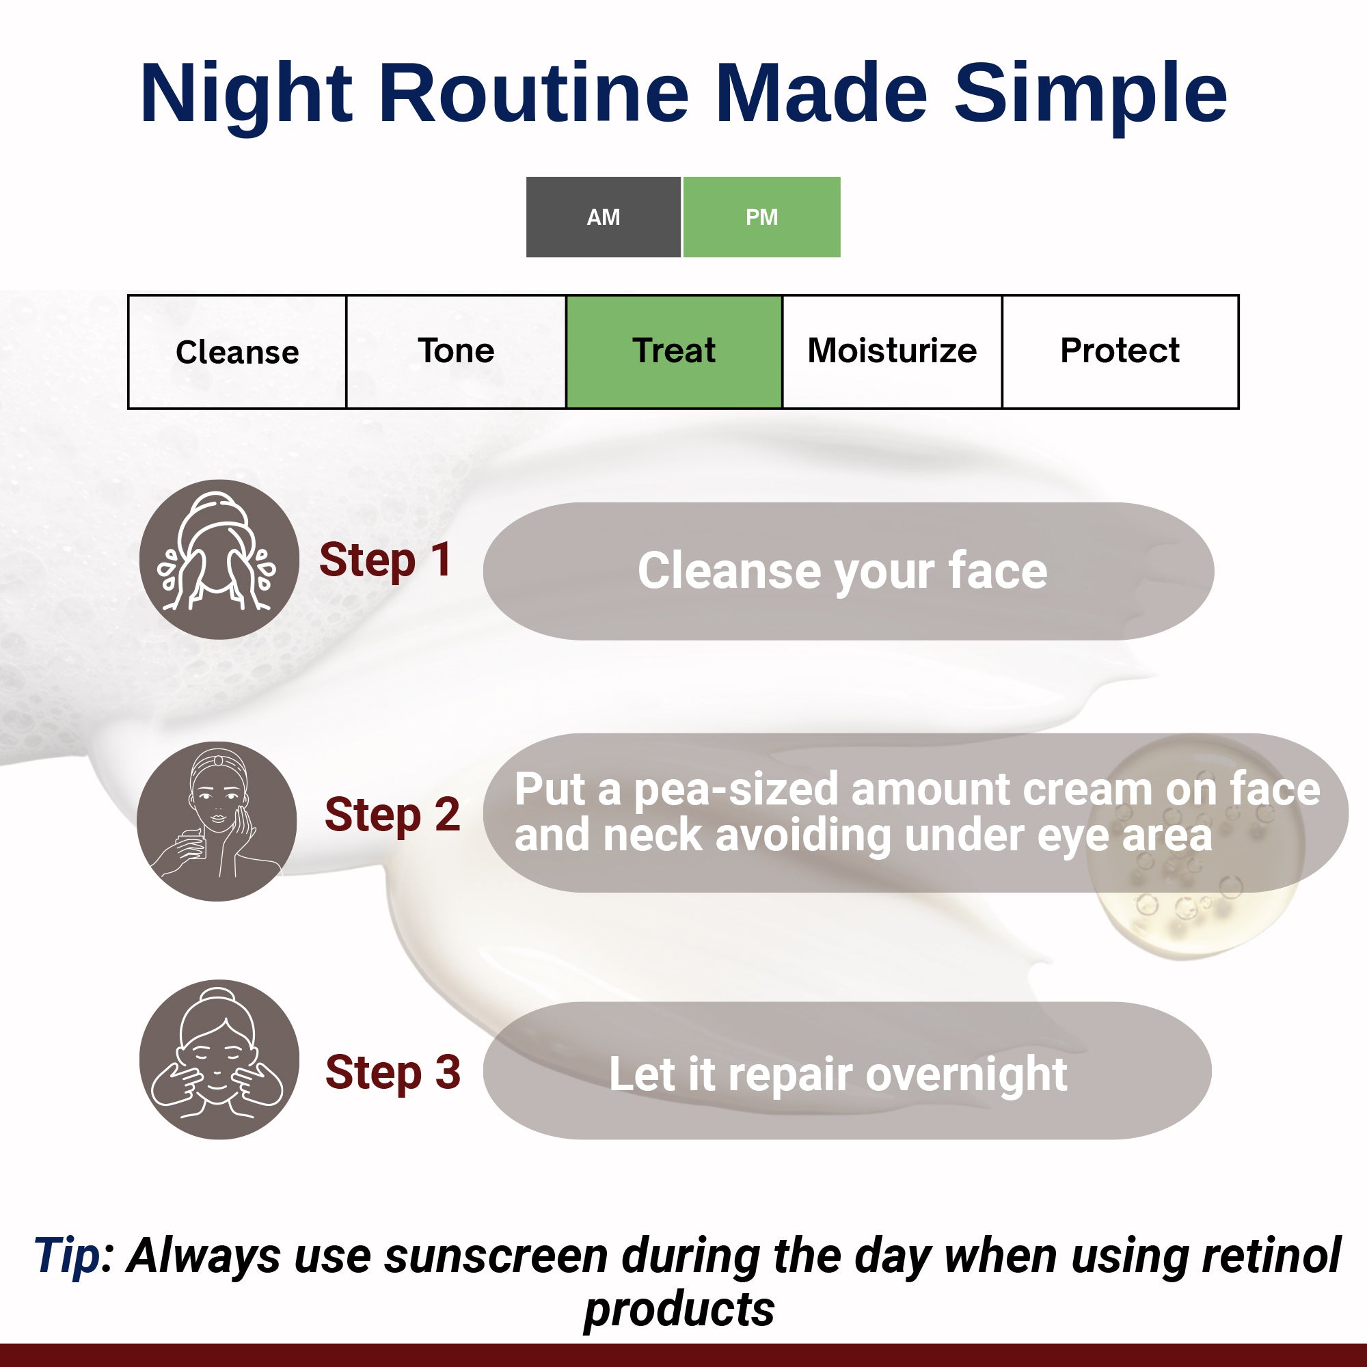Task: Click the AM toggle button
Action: [603, 217]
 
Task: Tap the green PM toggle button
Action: [761, 217]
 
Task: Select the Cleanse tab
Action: [237, 351]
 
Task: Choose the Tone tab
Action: [456, 351]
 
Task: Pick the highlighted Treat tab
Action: [674, 351]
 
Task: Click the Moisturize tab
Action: [891, 351]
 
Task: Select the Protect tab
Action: [1120, 351]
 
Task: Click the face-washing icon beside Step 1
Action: [219, 559]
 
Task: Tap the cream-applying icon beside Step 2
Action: [217, 821]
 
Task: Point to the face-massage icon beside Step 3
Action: [219, 1059]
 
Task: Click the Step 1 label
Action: [385, 560]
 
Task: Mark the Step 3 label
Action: [393, 1072]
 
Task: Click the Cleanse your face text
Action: [842, 571]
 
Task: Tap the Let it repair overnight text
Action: [838, 1074]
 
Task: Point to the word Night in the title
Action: [245, 94]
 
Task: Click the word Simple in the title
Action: [1089, 94]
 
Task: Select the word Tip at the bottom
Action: [67, 1256]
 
